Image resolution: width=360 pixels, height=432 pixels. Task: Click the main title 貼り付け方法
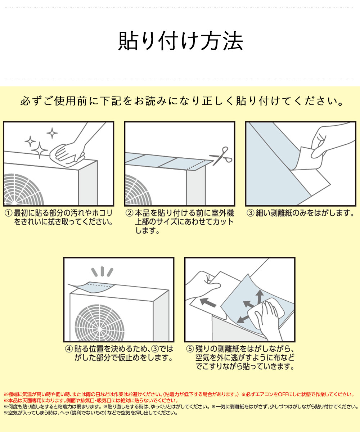(x=180, y=41)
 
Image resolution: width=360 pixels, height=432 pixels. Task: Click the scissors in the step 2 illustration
(x=221, y=156)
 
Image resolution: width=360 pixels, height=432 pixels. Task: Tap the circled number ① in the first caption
(x=8, y=213)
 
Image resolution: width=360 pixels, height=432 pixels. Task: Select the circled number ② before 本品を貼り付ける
(x=129, y=213)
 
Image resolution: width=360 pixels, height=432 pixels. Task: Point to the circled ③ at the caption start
(x=250, y=213)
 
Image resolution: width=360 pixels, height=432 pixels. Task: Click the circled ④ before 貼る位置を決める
(x=69, y=349)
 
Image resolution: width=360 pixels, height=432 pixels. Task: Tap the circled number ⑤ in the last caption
(x=190, y=349)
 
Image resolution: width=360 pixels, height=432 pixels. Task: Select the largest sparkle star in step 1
(x=40, y=150)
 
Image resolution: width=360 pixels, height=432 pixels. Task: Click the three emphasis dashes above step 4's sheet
(x=102, y=272)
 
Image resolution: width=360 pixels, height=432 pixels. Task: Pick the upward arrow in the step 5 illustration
(x=260, y=296)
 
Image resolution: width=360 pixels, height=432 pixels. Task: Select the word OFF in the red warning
(x=282, y=394)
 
